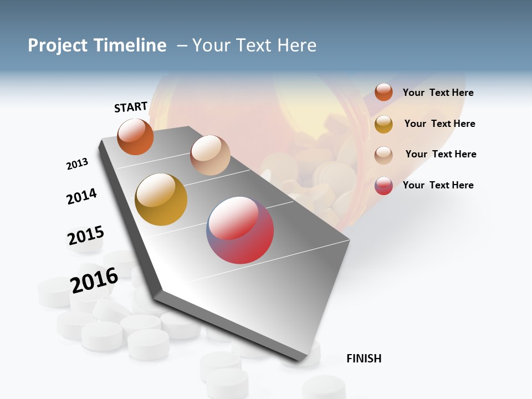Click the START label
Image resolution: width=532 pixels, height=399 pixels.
coord(131,107)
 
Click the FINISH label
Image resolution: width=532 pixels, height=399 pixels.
coord(364,359)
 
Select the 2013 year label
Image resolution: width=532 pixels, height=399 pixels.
coord(77,164)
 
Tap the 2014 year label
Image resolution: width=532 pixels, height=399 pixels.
coord(81,196)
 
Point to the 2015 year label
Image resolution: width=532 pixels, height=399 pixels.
coord(85,236)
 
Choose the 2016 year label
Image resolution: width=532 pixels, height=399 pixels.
coord(94,280)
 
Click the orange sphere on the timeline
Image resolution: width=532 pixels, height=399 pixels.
coord(135,137)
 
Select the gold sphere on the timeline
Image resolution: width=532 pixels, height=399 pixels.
coord(161,199)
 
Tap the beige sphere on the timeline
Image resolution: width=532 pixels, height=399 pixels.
coord(210,155)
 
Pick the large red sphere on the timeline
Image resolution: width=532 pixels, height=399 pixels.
coord(240,230)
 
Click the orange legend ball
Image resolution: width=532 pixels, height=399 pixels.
coord(383,93)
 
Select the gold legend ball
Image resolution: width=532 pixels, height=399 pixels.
coord(383,124)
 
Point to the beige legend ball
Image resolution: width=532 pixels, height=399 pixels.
coord(383,155)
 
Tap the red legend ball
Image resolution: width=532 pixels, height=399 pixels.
coord(383,186)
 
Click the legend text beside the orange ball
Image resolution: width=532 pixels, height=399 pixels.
coord(438,93)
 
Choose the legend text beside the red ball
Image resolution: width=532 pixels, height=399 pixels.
coord(438,185)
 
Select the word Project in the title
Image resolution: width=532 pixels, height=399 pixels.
coord(57,45)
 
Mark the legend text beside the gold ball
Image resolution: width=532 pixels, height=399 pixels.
coord(439,124)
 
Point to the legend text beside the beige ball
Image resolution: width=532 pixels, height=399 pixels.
coord(441,154)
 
